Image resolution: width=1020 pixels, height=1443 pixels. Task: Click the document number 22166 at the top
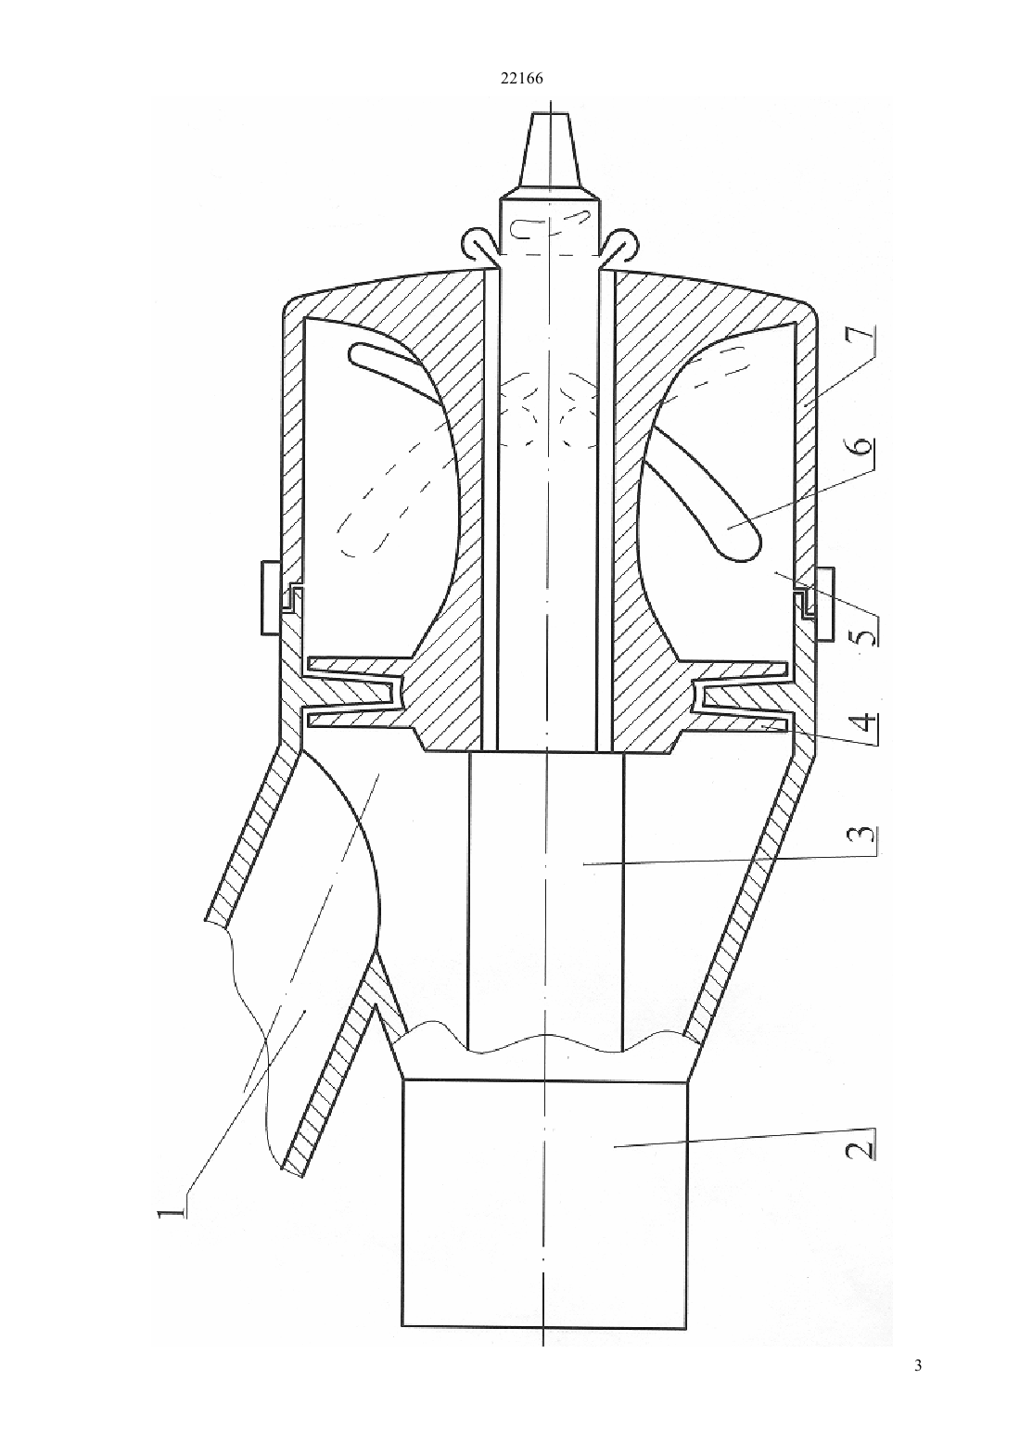(521, 79)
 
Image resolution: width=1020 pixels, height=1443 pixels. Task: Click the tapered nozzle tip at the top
(551, 150)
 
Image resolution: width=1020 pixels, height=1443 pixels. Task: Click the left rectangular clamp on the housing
(270, 598)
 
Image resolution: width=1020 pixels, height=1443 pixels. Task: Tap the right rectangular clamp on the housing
(824, 605)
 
